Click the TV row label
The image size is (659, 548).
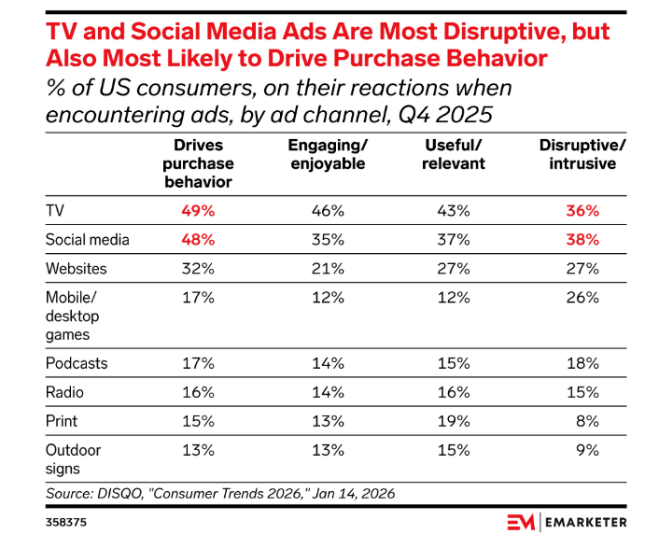coord(55,210)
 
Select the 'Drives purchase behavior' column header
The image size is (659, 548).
coord(198,163)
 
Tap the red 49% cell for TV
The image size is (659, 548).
coord(198,210)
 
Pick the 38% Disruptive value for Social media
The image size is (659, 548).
coord(582,239)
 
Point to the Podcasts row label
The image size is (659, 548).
coord(77,363)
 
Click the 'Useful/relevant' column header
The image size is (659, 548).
coord(454,155)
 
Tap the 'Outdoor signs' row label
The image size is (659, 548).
coord(73,459)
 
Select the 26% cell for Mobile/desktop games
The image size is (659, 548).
coord(582,298)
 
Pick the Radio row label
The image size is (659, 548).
coord(64,392)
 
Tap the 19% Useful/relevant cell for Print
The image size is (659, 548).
coord(454,421)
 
